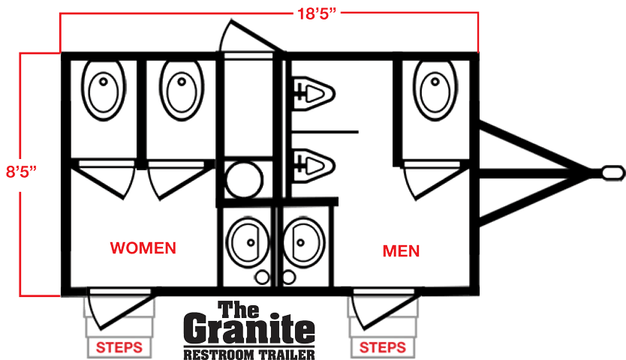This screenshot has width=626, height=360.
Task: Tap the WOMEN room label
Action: point(143,247)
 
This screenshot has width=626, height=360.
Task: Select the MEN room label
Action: point(401,250)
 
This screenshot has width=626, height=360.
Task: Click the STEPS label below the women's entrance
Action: point(119,347)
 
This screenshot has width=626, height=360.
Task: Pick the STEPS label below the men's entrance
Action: point(383,347)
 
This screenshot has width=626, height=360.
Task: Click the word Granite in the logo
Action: point(249,331)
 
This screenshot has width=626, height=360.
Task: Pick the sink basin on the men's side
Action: point(304,241)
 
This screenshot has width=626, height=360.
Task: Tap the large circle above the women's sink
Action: point(242,180)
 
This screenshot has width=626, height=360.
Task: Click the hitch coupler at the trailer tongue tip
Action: point(613,172)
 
